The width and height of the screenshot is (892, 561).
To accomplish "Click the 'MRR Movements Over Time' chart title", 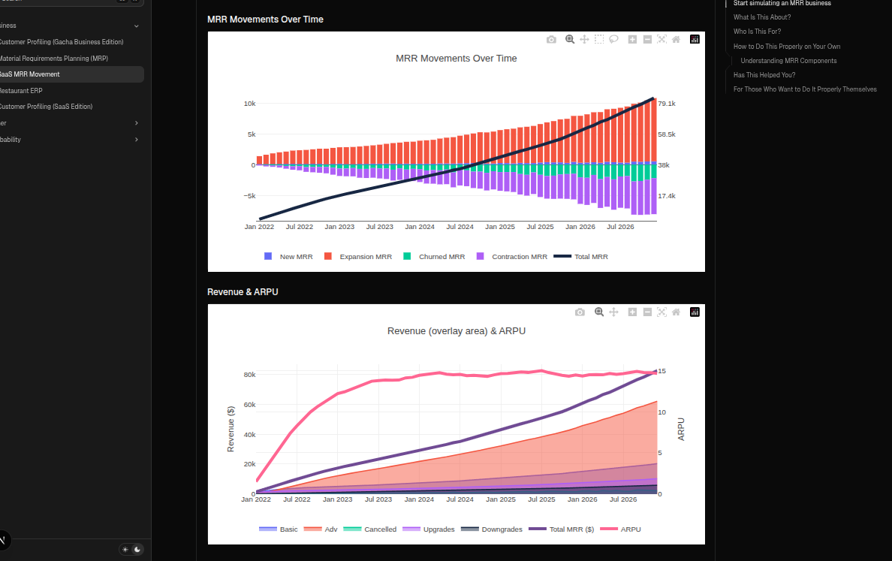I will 456,59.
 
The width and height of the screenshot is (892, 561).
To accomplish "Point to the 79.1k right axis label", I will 666,104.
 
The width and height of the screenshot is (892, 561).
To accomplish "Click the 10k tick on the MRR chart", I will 249,104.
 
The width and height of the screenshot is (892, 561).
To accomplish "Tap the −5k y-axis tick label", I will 248,196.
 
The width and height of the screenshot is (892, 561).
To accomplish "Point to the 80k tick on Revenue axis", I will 249,375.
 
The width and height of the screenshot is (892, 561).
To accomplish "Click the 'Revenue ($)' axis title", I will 231,429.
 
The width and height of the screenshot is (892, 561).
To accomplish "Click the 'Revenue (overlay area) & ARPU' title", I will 456,331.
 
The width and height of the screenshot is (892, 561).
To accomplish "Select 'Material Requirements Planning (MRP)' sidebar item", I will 53,59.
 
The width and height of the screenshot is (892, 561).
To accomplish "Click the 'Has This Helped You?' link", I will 764,75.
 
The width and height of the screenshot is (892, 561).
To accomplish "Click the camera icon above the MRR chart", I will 552,40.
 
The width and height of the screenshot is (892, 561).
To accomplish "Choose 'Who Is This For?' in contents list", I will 757,32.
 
